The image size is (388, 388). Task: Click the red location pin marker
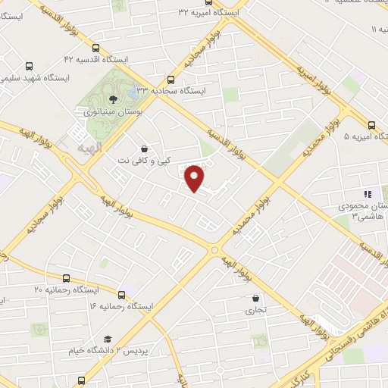[196, 178]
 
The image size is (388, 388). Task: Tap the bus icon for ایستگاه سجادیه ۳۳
[170, 80]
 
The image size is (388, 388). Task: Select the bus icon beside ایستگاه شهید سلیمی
[30, 66]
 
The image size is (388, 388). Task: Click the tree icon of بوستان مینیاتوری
[113, 99]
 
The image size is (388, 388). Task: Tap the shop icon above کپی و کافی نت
[145, 149]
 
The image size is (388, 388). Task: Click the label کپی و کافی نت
[145, 161]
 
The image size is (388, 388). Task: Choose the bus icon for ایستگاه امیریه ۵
[371, 125]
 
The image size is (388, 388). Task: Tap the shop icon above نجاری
[255, 298]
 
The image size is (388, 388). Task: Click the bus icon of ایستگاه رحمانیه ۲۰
[67, 278]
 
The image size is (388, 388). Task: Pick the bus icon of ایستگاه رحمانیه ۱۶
[121, 294]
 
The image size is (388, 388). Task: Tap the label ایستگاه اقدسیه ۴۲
[95, 58]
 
